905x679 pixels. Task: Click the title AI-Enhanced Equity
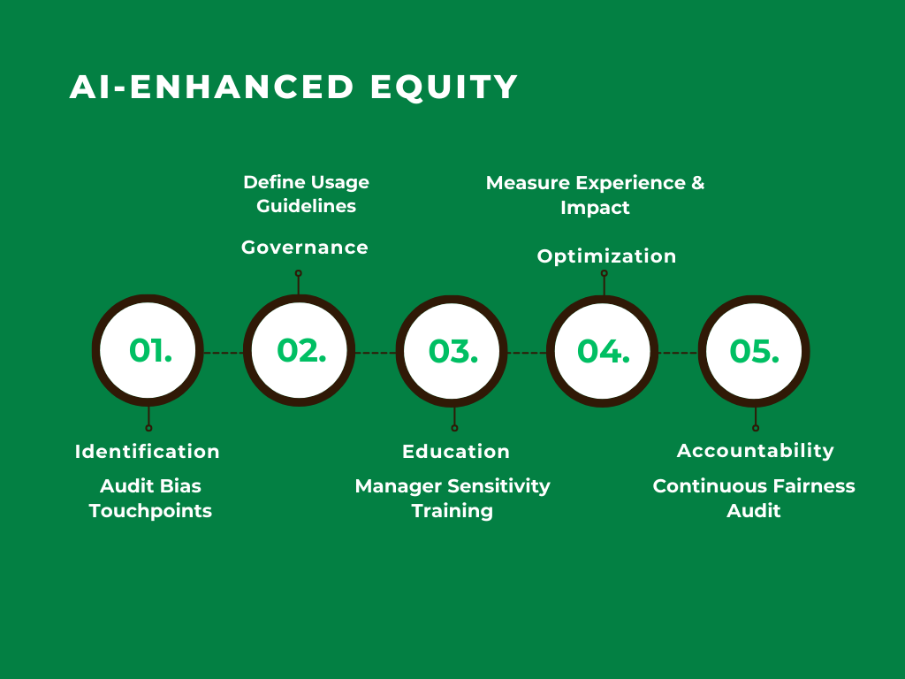pos(293,88)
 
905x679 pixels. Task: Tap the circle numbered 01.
pos(148,351)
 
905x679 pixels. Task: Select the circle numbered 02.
pos(300,351)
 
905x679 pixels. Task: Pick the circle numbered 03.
pos(452,351)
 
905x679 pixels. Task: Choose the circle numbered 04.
pos(603,351)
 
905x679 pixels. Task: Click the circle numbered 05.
pos(754,351)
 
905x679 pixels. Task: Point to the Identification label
pos(148,451)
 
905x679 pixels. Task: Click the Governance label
pos(305,248)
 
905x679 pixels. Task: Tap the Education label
pos(456,451)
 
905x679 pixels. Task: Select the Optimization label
pos(606,256)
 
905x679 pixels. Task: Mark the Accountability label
pos(756,451)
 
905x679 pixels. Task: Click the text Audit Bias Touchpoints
pos(150,498)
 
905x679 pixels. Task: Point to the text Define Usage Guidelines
pos(306,194)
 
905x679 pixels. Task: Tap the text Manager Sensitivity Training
pos(452,498)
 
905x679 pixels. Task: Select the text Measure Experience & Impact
pos(596,195)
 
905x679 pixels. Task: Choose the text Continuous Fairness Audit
pos(754,498)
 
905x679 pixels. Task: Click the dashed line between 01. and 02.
pos(224,353)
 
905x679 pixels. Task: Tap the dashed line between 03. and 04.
pos(527,353)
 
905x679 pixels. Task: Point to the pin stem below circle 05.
pos(755,417)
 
